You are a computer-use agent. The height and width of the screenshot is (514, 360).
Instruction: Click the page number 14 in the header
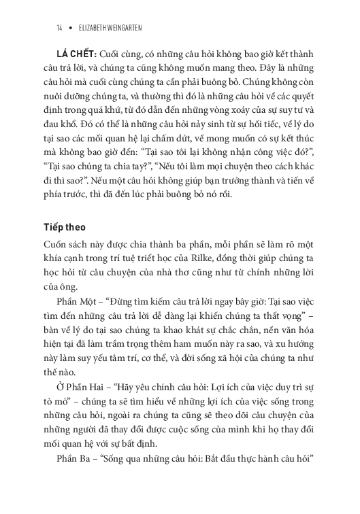pyautogui.click(x=61, y=28)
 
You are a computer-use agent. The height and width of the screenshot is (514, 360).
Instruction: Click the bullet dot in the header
pyautogui.click(x=71, y=28)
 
